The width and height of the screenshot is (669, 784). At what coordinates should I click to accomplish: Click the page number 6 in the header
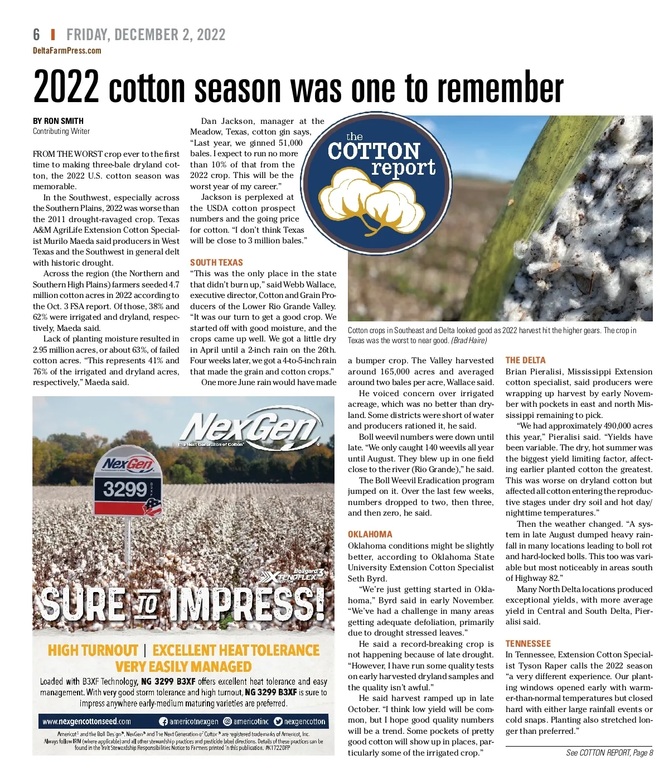(x=37, y=35)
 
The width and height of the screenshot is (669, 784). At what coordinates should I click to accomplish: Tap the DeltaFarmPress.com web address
(x=67, y=51)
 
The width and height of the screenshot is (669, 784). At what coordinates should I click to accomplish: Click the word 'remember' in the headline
(x=501, y=88)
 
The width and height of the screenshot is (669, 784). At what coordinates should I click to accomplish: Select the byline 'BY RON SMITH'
(x=58, y=121)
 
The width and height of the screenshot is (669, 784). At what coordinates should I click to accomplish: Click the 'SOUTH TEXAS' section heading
(x=216, y=262)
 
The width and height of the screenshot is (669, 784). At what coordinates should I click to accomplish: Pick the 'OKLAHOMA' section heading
(x=370, y=534)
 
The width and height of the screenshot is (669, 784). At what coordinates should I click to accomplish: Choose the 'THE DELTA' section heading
(x=525, y=360)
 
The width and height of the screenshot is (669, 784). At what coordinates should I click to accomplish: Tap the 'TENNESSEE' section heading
(x=527, y=643)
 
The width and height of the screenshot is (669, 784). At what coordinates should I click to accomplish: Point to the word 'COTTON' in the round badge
(x=374, y=151)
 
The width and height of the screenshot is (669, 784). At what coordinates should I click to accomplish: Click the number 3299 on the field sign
(x=125, y=489)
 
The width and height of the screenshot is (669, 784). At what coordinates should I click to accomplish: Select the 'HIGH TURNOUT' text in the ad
(x=93, y=651)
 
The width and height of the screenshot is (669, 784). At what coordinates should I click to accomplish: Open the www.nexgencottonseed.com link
(x=86, y=721)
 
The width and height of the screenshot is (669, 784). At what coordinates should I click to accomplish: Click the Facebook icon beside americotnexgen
(x=163, y=721)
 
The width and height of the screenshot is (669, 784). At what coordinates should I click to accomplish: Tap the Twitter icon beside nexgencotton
(x=278, y=721)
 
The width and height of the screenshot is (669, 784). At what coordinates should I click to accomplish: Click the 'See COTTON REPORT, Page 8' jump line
(x=609, y=753)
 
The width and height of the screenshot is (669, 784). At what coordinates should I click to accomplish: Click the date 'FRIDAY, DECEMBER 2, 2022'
(x=146, y=35)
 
